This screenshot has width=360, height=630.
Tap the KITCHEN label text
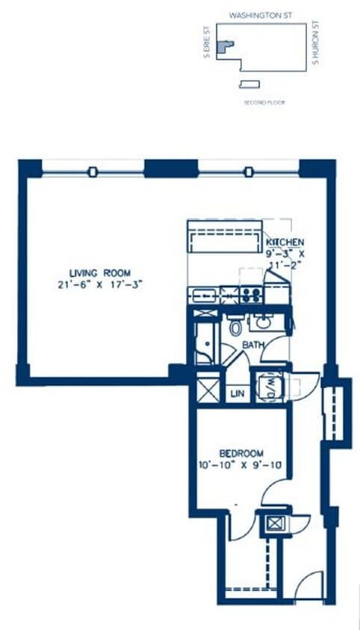tap(285, 242)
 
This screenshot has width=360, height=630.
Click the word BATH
tap(252, 345)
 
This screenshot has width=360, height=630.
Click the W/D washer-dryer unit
tap(269, 387)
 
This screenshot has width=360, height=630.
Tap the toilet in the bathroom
tap(235, 325)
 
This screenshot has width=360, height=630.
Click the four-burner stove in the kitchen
tap(252, 295)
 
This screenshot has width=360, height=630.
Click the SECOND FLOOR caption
tap(264, 102)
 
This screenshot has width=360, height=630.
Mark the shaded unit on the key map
tap(225, 46)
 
